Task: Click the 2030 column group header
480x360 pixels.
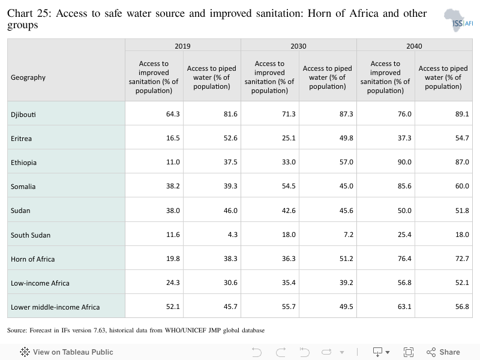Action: click(x=298, y=46)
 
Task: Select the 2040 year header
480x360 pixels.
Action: click(x=414, y=46)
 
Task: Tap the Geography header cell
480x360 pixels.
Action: click(x=28, y=77)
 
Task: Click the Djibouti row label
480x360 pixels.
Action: click(x=23, y=115)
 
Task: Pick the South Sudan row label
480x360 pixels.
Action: click(x=31, y=235)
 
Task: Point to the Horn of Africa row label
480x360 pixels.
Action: click(x=33, y=259)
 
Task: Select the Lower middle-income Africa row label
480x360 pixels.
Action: click(x=55, y=307)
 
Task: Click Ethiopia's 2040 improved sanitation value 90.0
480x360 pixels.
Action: click(x=404, y=162)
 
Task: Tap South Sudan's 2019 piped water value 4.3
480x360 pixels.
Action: click(x=232, y=235)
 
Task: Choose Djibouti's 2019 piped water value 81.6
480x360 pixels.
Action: click(x=230, y=114)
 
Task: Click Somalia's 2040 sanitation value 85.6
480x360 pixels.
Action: click(x=404, y=186)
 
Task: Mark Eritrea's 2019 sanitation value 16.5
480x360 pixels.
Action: click(x=173, y=138)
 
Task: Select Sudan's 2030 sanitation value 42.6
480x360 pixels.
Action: click(x=289, y=211)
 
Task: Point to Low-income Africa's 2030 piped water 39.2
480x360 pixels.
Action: click(x=346, y=283)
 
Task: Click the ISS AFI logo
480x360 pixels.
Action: click(x=458, y=20)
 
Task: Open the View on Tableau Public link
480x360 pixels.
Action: click(x=67, y=352)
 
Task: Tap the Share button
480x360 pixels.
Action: click(x=443, y=352)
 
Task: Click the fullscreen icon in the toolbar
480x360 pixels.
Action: click(x=409, y=352)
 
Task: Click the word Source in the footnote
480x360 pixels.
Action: click(x=17, y=331)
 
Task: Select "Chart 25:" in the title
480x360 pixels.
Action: click(x=29, y=13)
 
